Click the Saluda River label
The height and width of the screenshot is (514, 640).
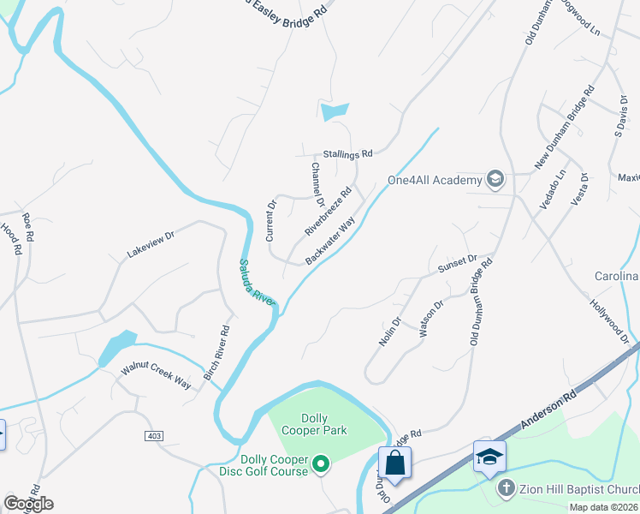[257, 283]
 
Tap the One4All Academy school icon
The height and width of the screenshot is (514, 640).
[495, 179]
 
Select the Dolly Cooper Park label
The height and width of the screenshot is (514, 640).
[312, 424]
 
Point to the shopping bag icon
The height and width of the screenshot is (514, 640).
[394, 463]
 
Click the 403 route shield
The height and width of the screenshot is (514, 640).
[154, 436]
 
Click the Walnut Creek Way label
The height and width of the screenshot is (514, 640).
[156, 375]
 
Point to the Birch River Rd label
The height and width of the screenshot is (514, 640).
[216, 352]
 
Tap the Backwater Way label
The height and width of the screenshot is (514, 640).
[330, 241]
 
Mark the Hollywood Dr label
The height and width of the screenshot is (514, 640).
[609, 321]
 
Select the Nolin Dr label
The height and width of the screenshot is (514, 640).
[390, 332]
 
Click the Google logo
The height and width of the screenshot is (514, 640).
[28, 504]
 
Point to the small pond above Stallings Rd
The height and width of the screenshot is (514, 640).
[335, 111]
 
